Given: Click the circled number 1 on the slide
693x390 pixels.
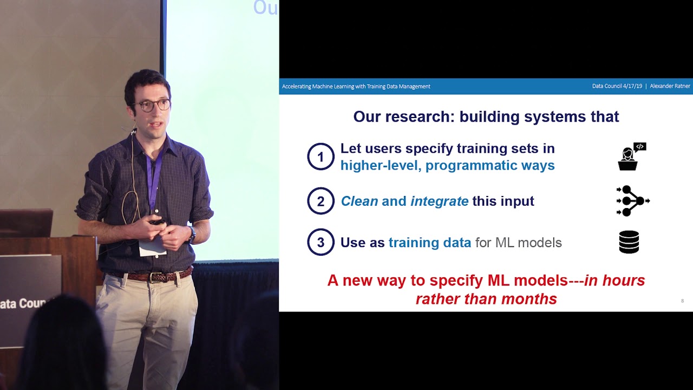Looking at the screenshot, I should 321,157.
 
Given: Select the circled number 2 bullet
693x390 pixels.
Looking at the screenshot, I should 321,201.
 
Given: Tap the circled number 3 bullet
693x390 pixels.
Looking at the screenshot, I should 321,242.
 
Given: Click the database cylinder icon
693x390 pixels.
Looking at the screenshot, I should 629,242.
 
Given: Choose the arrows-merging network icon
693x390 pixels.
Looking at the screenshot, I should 632,201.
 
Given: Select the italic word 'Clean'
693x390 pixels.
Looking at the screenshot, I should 359,201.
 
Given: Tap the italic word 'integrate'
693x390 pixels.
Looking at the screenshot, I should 439,201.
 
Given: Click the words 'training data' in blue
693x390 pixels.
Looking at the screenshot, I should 430,243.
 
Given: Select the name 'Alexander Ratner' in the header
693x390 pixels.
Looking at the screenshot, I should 670,86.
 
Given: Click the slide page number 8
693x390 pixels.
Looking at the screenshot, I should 682,301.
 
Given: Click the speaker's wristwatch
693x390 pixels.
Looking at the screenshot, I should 192,234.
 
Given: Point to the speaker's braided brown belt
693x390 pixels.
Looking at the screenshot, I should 154,276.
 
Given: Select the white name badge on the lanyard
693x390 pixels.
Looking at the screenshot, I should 152,246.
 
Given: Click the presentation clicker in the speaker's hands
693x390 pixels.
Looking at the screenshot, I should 158,221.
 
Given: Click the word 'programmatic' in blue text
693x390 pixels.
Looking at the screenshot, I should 470,166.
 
